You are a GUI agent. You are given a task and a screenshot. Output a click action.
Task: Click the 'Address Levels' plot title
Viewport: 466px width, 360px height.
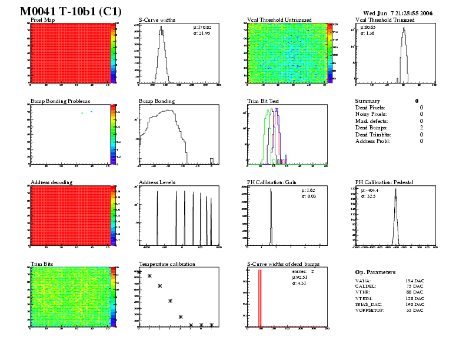[157, 182]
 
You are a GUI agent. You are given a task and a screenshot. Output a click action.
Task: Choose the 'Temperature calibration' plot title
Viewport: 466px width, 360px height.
[167, 264]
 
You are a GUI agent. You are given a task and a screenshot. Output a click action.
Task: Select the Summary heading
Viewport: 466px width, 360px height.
[368, 101]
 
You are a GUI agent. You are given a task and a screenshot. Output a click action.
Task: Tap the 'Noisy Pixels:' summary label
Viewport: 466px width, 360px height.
[372, 114]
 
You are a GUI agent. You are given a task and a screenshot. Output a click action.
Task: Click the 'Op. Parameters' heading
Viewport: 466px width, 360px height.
[375, 272]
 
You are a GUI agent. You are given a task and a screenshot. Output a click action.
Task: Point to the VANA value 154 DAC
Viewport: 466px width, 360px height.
[415, 282]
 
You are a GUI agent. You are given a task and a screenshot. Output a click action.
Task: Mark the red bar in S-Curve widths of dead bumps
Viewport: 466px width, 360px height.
[259, 297]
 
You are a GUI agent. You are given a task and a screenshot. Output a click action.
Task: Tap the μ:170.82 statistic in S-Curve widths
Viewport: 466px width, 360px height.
[202, 28]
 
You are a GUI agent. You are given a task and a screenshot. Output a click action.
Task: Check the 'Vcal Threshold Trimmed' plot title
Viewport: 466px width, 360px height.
[385, 20]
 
